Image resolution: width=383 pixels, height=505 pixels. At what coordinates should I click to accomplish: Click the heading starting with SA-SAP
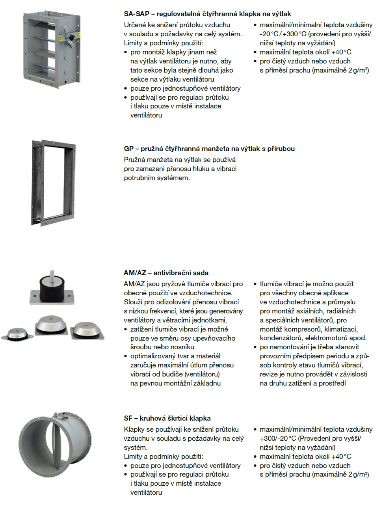(207, 14)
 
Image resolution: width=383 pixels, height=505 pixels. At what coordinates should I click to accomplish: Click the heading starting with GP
(209, 149)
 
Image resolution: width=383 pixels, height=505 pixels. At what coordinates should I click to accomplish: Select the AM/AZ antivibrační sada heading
(166, 273)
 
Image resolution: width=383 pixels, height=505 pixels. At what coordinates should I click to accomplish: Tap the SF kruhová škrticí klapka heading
(167, 418)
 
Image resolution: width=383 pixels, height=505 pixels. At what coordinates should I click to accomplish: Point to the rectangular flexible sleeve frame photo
(52, 183)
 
